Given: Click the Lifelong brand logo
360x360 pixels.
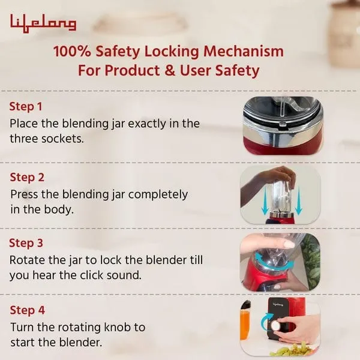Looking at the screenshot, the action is tap(43, 23).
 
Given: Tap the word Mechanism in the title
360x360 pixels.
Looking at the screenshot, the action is tap(244, 51).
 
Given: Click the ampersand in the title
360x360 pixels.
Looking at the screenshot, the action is tap(170, 70).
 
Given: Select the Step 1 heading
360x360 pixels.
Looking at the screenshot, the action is tap(26, 107).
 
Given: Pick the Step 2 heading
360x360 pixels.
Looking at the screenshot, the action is tap(27, 178).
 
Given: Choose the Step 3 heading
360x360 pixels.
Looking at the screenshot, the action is tap(26, 243).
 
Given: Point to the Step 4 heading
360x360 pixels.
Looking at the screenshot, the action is tap(28, 310).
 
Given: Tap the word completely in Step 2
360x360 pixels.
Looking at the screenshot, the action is tap(158, 195).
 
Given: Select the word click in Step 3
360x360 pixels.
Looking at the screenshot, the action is tap(90, 275).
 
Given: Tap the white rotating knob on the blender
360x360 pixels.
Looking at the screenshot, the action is tap(275, 325).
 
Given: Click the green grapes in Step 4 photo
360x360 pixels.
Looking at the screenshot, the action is tap(292, 350).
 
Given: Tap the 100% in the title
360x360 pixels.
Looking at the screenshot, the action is tap(72, 51).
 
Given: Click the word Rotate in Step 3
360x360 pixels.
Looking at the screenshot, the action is tap(27, 260).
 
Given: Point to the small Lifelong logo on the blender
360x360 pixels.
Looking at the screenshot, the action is tap(278, 304).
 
